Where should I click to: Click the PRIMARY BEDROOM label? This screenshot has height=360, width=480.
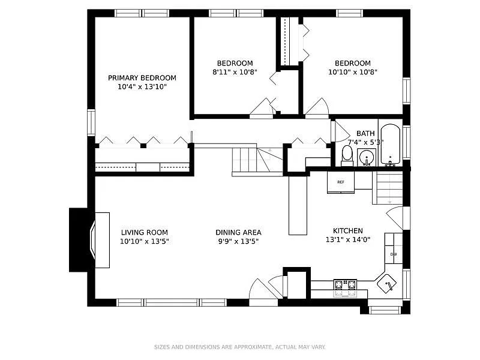pos(142,77)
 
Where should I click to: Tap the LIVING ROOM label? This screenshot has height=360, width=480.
pos(144,232)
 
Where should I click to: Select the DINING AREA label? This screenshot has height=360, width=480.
pos(238,232)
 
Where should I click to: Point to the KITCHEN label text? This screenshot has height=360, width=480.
pos(348,230)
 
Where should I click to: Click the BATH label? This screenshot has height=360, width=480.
pos(365,133)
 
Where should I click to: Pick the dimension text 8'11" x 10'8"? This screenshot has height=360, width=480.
pos(235,72)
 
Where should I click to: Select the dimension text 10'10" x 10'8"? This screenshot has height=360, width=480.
pos(353,72)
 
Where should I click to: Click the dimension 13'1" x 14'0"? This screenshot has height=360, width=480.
pos(348,239)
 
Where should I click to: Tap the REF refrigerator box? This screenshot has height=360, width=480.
pos(341,182)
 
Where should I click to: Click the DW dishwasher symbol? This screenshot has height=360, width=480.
pos(394,254)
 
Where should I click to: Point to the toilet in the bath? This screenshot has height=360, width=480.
pos(347,155)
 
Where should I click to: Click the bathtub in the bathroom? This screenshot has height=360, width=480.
pos(391,145)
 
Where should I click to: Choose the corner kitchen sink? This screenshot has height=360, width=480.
pos(388,285)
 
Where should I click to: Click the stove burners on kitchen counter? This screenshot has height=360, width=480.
pos(344,285)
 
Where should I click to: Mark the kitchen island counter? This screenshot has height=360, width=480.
pos(298,205)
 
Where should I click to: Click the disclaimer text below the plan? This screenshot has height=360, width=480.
pos(239,347)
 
